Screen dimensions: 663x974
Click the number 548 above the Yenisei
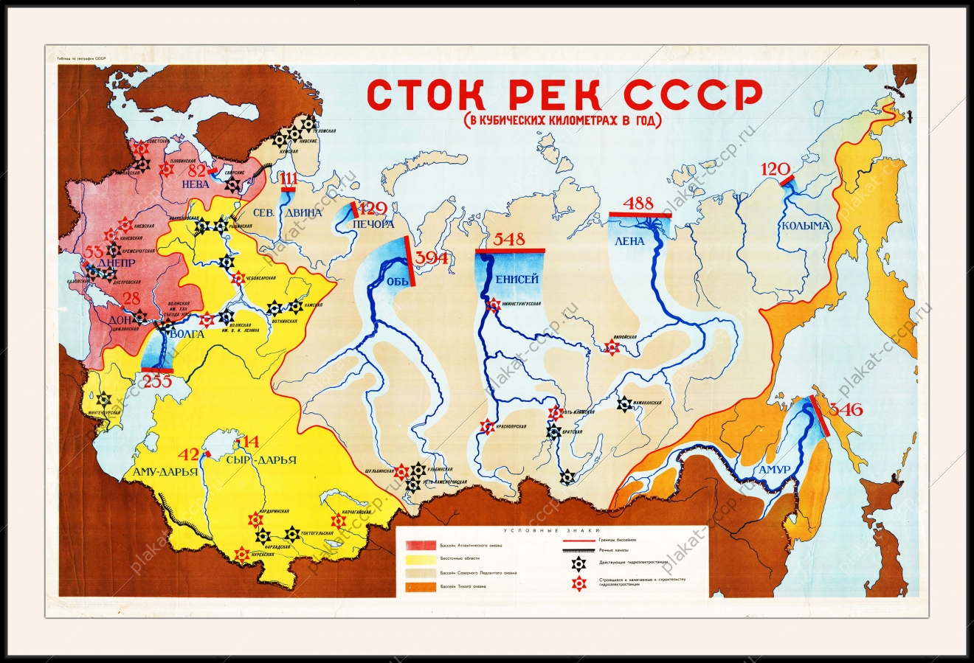pyautogui.click(x=510, y=239)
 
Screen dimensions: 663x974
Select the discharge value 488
pyautogui.click(x=638, y=204)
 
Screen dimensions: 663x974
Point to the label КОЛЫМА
pyautogui.click(x=806, y=226)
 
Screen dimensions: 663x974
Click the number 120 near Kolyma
pyautogui.click(x=776, y=169)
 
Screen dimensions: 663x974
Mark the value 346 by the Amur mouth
pyautogui.click(x=846, y=409)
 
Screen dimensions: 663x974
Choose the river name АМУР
pyautogui.click(x=773, y=470)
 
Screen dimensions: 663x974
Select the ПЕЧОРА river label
pyautogui.click(x=373, y=223)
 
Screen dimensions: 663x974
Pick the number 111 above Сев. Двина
pyautogui.click(x=289, y=178)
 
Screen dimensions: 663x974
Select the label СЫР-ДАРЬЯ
pyautogui.click(x=262, y=460)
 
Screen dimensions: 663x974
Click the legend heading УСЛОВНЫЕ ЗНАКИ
pyautogui.click(x=552, y=530)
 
